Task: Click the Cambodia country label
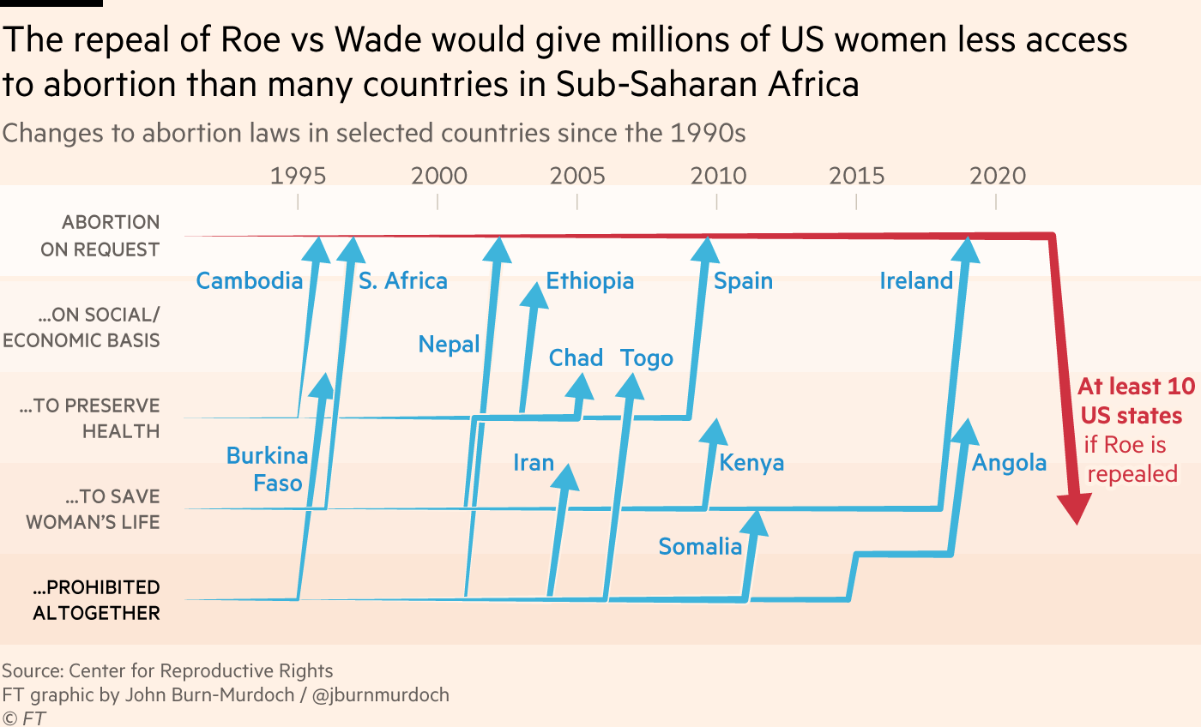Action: (x=249, y=281)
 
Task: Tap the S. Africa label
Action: (x=403, y=281)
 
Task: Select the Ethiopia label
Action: (x=589, y=281)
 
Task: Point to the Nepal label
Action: (x=449, y=345)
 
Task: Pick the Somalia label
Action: (x=700, y=547)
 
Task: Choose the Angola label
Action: (x=1009, y=464)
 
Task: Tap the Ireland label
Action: (x=916, y=281)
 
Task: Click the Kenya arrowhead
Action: (x=712, y=431)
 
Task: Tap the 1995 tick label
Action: (x=298, y=177)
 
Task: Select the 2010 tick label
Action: (x=717, y=177)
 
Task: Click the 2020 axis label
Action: (x=997, y=177)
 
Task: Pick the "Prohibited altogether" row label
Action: (x=96, y=600)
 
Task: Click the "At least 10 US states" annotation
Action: (x=1131, y=400)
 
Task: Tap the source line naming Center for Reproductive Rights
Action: (x=167, y=670)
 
